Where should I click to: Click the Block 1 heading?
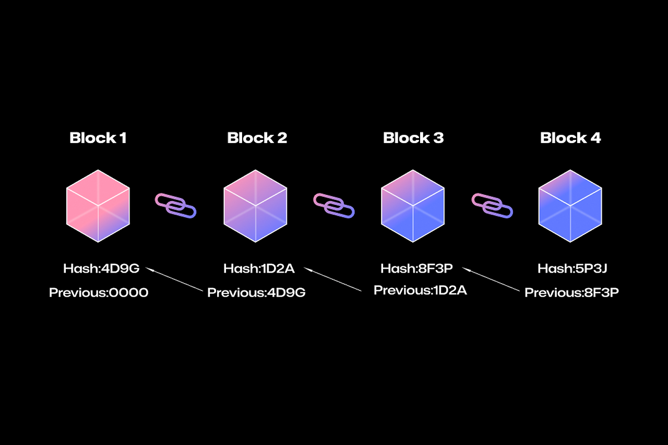(x=98, y=138)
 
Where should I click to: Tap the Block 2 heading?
(x=257, y=138)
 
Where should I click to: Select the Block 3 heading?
(x=413, y=138)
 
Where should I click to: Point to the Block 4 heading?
(x=570, y=138)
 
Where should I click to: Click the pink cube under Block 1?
(x=98, y=206)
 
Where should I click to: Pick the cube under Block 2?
(x=256, y=206)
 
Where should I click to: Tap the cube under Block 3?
(x=413, y=206)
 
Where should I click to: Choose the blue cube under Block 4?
(x=570, y=206)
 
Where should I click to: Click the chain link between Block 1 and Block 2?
(x=175, y=205)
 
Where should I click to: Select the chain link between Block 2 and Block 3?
(x=333, y=205)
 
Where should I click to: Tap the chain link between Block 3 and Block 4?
(x=492, y=205)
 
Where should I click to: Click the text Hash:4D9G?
(x=101, y=269)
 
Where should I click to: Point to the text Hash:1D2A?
(x=259, y=269)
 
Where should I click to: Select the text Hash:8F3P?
(x=416, y=269)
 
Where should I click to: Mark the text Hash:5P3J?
(x=572, y=269)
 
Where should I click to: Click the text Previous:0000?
(x=99, y=292)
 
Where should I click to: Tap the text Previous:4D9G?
(x=256, y=292)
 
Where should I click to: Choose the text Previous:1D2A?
(x=420, y=290)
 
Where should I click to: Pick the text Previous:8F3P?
(x=571, y=292)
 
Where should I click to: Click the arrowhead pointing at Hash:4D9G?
(x=149, y=269)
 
